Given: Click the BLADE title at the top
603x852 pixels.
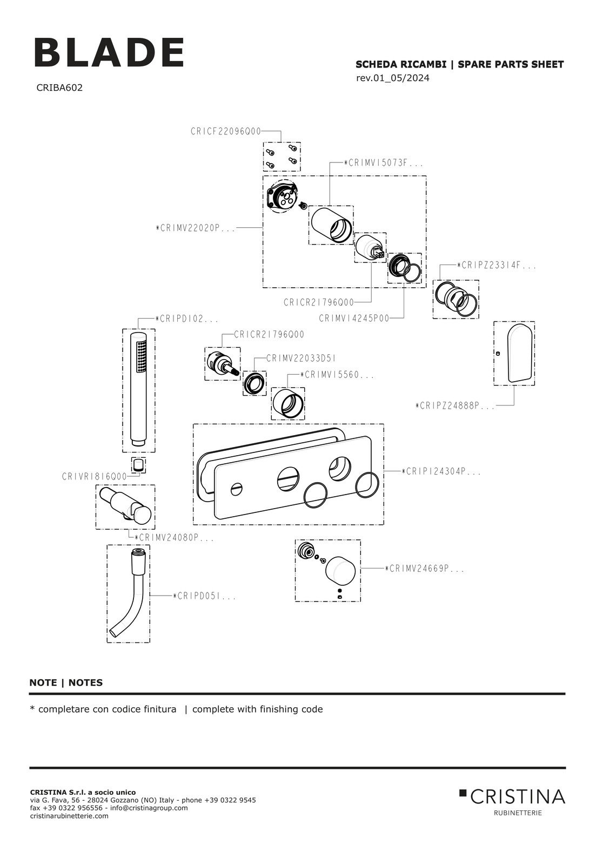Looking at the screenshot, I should (110, 53).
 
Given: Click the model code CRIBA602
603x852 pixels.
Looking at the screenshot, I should (59, 87).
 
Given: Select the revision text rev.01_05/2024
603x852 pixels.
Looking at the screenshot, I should (393, 78).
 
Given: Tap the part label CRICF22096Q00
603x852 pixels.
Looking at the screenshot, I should (226, 131).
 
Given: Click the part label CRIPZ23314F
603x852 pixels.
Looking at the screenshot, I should (497, 265).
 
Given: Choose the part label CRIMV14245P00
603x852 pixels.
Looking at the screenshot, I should (354, 319).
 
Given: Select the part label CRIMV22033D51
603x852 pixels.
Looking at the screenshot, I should (301, 358).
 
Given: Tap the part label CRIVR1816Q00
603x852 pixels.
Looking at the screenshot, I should (95, 477).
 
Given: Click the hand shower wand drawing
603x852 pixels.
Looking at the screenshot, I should (139, 389).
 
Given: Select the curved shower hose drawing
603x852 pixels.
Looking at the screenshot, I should (129, 594).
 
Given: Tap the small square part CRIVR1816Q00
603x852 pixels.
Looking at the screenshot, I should (139, 464).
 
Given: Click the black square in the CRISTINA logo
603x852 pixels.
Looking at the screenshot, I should (463, 793).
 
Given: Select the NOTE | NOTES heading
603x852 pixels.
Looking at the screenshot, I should (66, 682).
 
